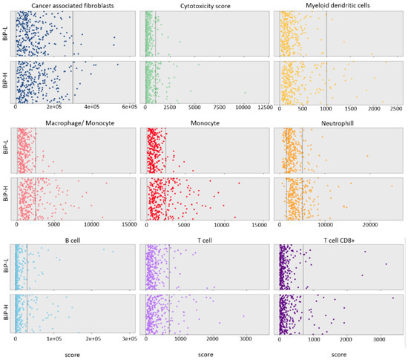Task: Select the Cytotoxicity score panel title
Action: click(205, 5)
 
